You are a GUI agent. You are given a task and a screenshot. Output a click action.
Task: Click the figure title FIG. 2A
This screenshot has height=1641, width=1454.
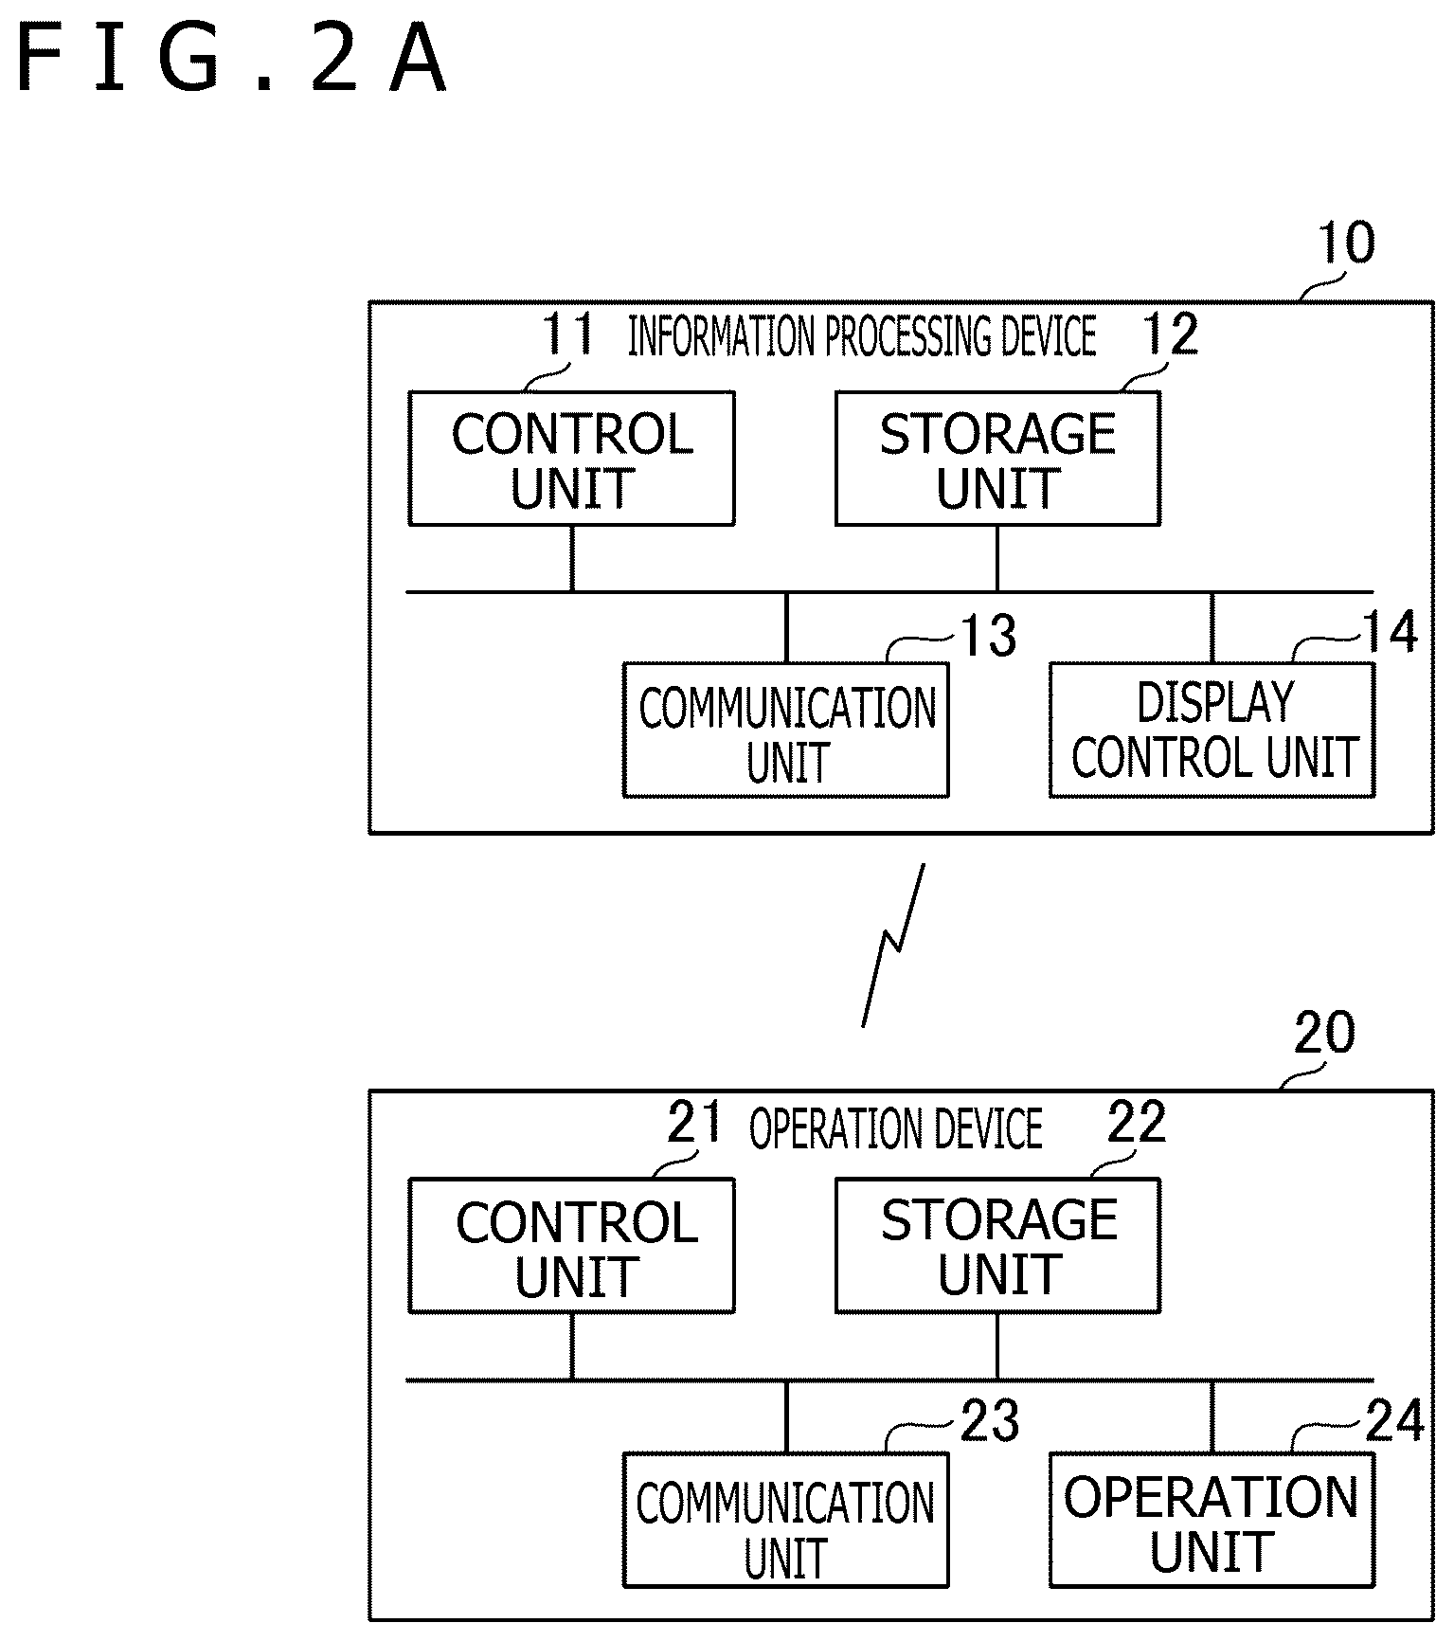230,60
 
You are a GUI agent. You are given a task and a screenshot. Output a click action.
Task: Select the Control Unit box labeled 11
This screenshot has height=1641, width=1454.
571,459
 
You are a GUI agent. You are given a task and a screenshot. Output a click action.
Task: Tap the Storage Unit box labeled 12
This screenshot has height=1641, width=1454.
997,459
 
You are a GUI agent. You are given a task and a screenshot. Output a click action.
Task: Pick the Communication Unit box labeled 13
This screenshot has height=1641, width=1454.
786,730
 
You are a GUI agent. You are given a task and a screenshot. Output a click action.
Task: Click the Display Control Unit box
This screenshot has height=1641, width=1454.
1212,730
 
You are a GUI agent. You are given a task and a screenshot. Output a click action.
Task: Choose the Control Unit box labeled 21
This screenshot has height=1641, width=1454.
571,1246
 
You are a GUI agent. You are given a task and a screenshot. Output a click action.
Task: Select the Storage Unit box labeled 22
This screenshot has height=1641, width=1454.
997,1246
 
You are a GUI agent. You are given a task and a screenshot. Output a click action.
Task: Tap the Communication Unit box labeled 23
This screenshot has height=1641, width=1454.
786,1520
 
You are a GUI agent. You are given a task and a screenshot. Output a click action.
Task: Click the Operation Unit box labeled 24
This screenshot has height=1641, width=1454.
1212,1520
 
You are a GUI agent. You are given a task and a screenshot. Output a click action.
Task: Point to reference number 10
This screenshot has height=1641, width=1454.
1346,243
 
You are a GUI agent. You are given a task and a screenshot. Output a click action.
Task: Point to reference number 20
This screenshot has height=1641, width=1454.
1324,1033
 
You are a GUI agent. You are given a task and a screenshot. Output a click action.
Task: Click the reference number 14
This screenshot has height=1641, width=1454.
1390,632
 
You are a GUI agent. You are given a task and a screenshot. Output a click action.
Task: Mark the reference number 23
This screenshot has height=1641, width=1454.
991,1421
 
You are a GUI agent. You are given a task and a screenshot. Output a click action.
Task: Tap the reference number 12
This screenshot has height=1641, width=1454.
1171,334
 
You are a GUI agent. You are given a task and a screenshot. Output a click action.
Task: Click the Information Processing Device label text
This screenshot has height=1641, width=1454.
862,336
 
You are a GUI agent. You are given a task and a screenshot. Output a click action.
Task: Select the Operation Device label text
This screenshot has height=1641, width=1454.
896,1128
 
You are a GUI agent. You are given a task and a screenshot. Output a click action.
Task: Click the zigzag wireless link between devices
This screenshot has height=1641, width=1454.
893,945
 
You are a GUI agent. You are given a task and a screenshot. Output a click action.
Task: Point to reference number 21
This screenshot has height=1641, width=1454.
695,1123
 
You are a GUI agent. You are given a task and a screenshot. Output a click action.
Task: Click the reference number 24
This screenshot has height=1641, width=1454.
1394,1421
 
